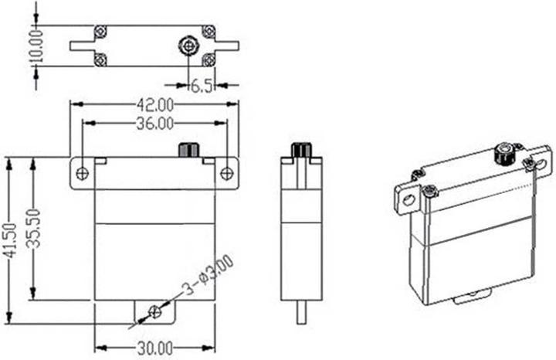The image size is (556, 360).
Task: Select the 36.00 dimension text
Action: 154,123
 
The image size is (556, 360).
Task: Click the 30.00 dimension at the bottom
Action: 154,349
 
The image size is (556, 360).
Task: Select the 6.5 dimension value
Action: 202,87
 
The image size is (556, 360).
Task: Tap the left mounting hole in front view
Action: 83,173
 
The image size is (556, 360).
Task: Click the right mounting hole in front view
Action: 226,173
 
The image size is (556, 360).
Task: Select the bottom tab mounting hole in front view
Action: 154,311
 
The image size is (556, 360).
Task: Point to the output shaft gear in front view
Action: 188,149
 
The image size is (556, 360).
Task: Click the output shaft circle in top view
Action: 188,46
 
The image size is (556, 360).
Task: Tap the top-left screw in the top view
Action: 100,31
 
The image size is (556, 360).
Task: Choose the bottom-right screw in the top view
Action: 208,59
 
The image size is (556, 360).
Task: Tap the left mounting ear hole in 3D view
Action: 408,200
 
